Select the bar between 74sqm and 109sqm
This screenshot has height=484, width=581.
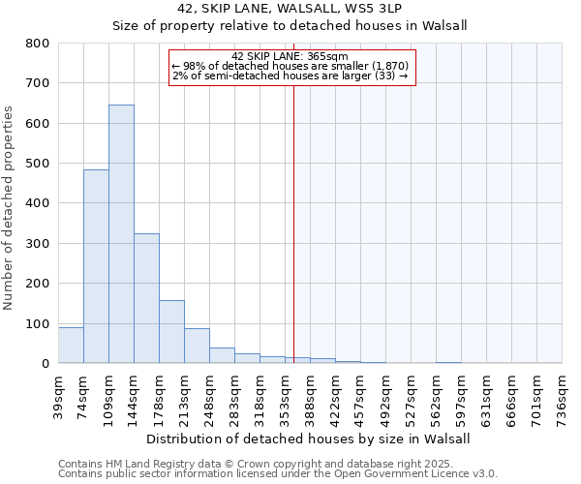pyautogui.click(x=96, y=266)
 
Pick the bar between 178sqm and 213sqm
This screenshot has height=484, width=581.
pyautogui.click(x=171, y=331)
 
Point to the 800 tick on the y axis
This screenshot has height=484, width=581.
pyautogui.click(x=38, y=44)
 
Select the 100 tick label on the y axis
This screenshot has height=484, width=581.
pyautogui.click(x=38, y=323)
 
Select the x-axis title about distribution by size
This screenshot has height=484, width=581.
pyautogui.click(x=309, y=439)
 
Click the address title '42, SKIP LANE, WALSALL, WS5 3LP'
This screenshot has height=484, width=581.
pyautogui.click(x=290, y=9)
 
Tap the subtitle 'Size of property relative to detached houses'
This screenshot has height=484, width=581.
pyautogui.click(x=290, y=25)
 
